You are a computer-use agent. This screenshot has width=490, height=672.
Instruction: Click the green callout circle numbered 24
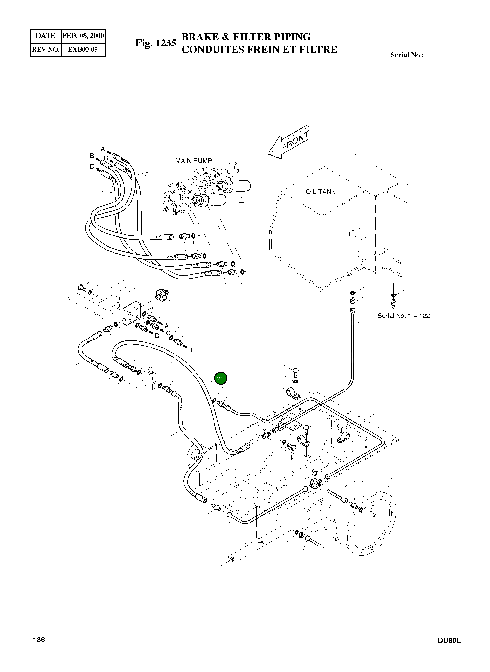tap(220, 378)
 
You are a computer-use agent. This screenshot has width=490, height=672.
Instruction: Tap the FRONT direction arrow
tap(289, 142)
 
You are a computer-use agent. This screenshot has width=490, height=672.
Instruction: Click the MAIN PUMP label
tap(193, 161)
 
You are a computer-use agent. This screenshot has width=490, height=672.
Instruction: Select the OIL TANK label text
tap(320, 192)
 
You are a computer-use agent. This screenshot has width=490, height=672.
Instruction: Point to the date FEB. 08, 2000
tap(83, 36)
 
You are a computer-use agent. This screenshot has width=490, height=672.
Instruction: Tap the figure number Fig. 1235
tap(156, 43)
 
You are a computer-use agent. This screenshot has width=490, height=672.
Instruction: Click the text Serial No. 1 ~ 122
tap(403, 316)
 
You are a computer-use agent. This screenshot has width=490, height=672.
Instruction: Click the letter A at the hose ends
tap(103, 149)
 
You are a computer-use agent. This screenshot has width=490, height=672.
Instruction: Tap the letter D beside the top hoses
tap(92, 167)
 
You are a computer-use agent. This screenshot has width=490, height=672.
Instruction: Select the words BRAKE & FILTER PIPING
tap(246, 37)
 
